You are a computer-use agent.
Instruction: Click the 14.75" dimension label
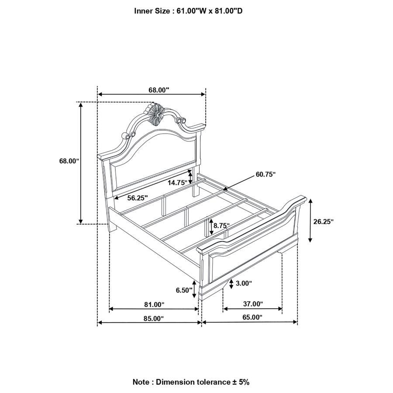pos(178,183)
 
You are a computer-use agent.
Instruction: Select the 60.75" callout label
pos(265,174)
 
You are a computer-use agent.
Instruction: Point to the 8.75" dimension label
pos(221,226)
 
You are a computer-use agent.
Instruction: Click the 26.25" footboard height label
pos(324,221)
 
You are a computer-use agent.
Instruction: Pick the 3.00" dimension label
pos(244,283)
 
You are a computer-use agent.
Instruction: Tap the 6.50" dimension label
pos(184,290)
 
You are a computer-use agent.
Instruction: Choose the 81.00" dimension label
pos(154,304)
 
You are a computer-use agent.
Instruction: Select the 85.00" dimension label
pos(154,318)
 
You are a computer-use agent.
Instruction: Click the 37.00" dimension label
pos(253,304)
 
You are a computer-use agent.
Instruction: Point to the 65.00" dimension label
pos(252,317)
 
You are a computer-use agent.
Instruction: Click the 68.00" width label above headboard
pos(159,90)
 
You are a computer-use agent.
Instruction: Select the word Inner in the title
pos(143,11)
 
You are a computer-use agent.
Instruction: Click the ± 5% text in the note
pos(240,382)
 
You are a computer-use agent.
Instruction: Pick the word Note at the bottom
pos(141,382)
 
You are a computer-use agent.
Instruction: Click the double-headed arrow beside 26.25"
pos(310,221)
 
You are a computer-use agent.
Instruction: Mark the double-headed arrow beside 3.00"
pos(231,284)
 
